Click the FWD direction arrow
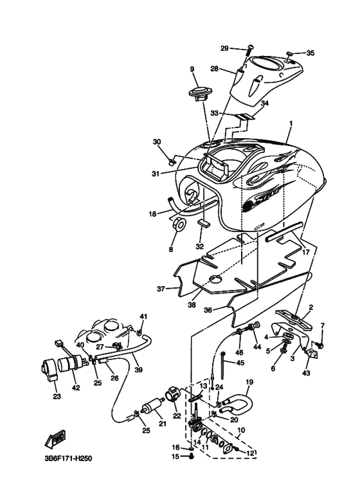point(55,440)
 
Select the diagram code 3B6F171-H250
point(68,458)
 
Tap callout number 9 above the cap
point(192,69)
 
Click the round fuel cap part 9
point(199,93)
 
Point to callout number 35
point(310,53)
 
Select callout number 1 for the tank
point(291,123)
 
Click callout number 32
point(200,246)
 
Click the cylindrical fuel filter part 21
point(154,407)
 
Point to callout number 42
point(76,387)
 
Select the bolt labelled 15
point(191,456)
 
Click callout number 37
point(161,289)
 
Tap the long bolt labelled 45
point(224,365)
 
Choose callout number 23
point(57,396)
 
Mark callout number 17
point(305,253)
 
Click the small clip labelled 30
point(172,163)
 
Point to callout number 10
point(241,430)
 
